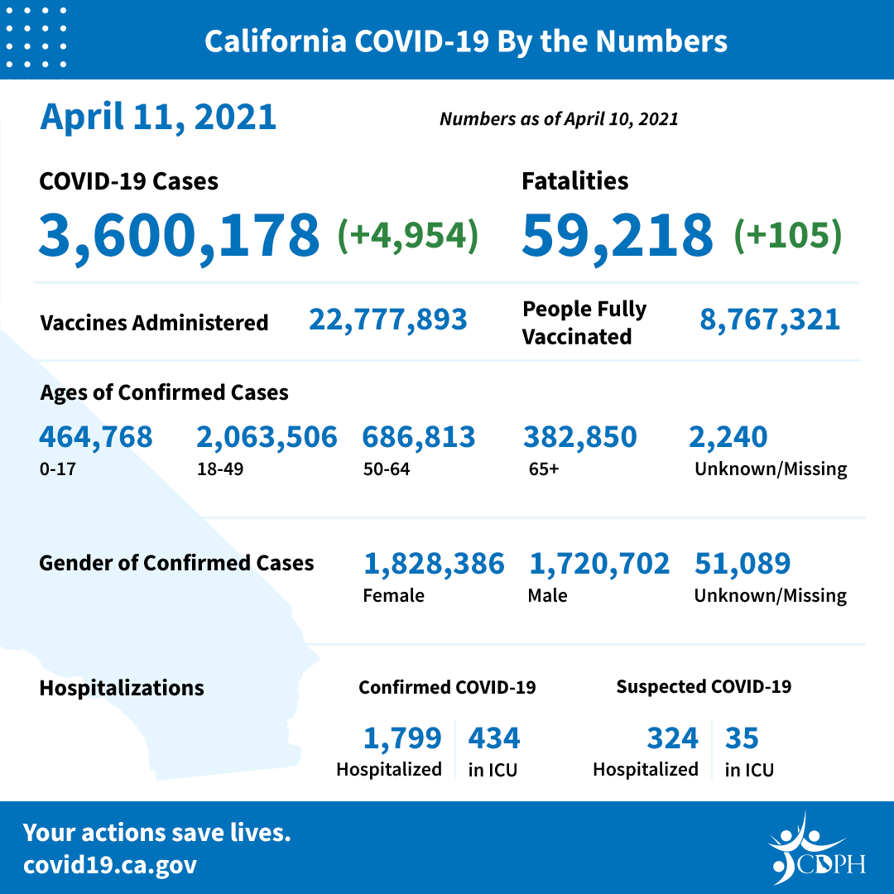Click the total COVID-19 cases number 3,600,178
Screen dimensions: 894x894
(x=179, y=234)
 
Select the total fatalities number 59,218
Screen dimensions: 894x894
(x=617, y=234)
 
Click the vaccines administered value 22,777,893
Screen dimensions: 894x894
(x=387, y=319)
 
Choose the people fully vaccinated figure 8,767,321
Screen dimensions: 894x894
(x=770, y=319)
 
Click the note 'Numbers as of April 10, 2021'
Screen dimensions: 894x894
(x=559, y=119)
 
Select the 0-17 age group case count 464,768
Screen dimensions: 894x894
(x=96, y=436)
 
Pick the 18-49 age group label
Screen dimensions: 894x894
(x=218, y=469)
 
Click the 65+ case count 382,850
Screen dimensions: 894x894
(x=579, y=436)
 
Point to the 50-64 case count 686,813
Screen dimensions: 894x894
(x=419, y=436)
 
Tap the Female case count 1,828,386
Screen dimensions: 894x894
(x=434, y=564)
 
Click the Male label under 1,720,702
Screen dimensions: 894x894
(x=547, y=595)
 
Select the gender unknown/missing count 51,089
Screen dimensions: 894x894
(x=743, y=564)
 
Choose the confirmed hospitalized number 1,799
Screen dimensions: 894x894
(x=401, y=737)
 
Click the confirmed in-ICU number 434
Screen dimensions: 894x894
(x=494, y=737)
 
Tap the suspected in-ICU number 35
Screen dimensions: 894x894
(x=742, y=737)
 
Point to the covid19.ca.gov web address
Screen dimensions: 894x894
(x=110, y=866)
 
